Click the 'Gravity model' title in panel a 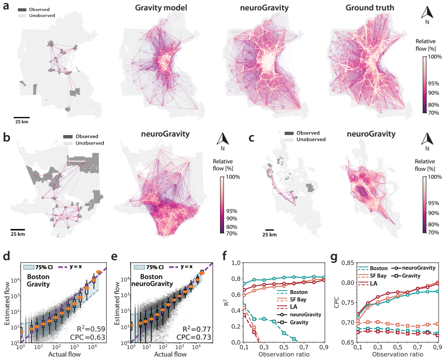pyautogui.click(x=161, y=7)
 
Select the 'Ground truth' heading pyautogui.click(x=370, y=7)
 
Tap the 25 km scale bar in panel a pyautogui.click(x=21, y=117)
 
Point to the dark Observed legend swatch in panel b pyautogui.click(x=68, y=137)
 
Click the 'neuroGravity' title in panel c pyautogui.click(x=371, y=134)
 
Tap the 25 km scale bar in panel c pyautogui.click(x=269, y=230)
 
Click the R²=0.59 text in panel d pyautogui.click(x=91, y=329)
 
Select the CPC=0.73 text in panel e pyautogui.click(x=194, y=337)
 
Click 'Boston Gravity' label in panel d pyautogui.click(x=38, y=280)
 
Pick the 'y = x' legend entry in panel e pyautogui.click(x=181, y=267)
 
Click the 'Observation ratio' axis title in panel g pyautogui.click(x=397, y=355)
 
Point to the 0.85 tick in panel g pyautogui.click(x=347, y=263)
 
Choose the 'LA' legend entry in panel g pyautogui.click(x=368, y=283)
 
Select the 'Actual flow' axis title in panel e pyautogui.click(x=170, y=355)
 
